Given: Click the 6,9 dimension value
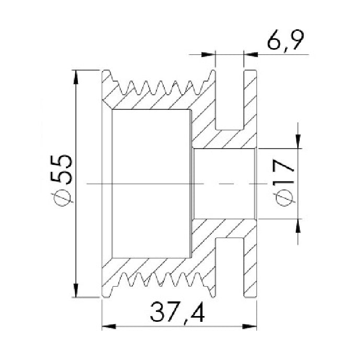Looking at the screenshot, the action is [286, 41].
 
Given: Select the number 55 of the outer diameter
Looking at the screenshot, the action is [61, 170].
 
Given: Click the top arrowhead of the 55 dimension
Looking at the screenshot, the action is [76, 77].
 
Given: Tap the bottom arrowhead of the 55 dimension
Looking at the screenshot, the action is [76, 290].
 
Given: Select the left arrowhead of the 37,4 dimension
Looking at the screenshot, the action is [109, 327].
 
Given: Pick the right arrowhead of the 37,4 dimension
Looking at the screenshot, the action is [250, 327].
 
